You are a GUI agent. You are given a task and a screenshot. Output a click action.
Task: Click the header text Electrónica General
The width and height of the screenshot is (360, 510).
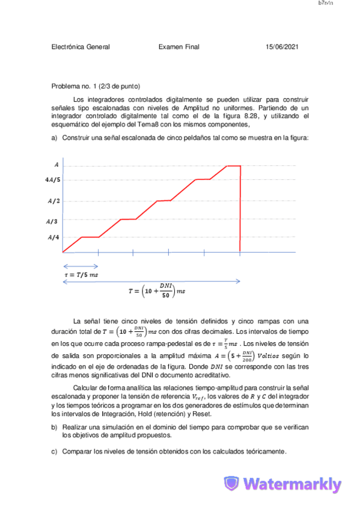(81, 47)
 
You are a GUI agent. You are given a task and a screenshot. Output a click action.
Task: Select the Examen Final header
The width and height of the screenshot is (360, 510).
(179, 47)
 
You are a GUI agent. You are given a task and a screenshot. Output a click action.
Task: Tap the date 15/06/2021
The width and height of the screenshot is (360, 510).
(282, 47)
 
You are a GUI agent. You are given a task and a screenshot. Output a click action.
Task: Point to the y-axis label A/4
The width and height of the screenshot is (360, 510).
(53, 238)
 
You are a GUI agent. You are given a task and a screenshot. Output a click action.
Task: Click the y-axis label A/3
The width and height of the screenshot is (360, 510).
(53, 221)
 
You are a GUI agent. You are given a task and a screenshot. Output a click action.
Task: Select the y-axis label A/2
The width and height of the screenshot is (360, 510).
(53, 201)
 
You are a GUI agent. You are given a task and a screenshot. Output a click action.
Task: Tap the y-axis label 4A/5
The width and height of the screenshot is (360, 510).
(52, 179)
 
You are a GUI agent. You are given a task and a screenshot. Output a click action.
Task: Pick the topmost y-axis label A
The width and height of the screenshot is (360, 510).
(56, 164)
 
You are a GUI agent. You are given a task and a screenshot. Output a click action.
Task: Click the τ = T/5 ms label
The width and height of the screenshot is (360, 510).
(81, 274)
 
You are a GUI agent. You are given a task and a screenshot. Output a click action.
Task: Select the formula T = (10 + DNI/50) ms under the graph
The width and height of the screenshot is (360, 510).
(157, 291)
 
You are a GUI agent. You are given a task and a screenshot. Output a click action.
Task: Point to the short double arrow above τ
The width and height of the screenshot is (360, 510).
(81, 266)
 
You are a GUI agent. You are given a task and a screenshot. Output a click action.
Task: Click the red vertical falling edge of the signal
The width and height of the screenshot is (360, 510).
(240, 207)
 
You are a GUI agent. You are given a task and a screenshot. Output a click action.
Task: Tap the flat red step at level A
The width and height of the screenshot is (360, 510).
(233, 165)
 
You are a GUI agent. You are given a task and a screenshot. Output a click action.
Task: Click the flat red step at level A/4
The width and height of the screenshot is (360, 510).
(90, 237)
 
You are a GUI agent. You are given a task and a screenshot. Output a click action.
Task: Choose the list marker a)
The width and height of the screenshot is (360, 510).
(55, 138)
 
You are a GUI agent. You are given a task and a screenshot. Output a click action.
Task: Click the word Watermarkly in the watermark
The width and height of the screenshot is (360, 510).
(293, 484)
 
